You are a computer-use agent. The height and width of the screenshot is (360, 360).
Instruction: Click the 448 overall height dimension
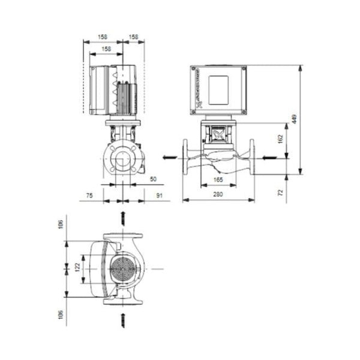click(x=294, y=119)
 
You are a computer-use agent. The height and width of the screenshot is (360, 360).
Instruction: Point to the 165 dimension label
click(x=219, y=179)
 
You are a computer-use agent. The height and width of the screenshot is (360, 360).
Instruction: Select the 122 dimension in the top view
click(x=77, y=268)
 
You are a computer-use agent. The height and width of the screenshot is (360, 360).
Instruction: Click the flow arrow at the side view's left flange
click(x=170, y=158)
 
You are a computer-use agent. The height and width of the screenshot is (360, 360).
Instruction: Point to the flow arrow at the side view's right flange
click(x=268, y=158)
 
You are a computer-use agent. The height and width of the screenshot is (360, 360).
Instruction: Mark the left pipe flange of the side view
click(x=185, y=158)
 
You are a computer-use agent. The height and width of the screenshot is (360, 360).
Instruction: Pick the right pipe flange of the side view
click(x=253, y=158)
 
